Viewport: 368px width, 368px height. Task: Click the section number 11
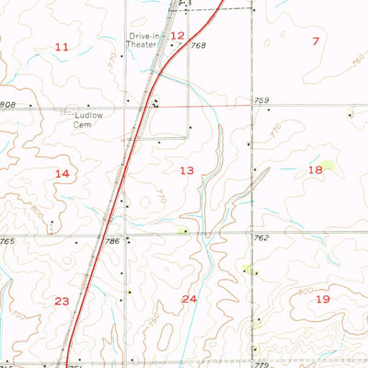click(62, 47)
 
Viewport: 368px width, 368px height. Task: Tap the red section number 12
click(178, 36)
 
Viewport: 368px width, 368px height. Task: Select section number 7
click(316, 40)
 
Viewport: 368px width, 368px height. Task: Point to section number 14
click(62, 174)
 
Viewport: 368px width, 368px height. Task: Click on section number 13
click(187, 170)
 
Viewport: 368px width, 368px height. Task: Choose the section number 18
click(316, 170)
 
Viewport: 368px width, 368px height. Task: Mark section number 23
click(62, 301)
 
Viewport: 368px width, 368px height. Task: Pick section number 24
click(190, 299)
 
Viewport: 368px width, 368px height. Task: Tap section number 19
click(323, 299)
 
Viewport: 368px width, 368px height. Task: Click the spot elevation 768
click(198, 45)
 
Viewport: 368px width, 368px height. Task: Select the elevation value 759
click(261, 99)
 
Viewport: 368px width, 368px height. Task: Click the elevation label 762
click(261, 237)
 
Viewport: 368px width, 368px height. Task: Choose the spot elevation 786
click(113, 241)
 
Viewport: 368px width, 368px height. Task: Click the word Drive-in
click(143, 36)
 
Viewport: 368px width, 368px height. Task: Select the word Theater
click(144, 44)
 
